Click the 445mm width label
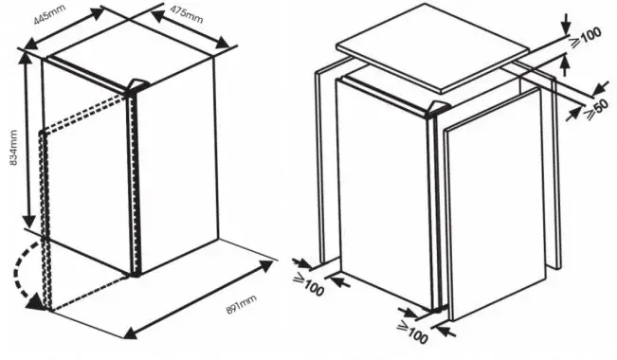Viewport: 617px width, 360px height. (x=49, y=14)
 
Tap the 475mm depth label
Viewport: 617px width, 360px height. (x=187, y=14)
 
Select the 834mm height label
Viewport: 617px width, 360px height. (x=13, y=148)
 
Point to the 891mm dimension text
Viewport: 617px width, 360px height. (x=242, y=304)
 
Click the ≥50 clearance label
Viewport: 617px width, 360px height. (x=597, y=109)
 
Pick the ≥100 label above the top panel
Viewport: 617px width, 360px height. (x=586, y=38)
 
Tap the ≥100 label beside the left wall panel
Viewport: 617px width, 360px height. (x=309, y=285)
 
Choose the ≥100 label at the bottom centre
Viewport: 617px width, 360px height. (x=412, y=333)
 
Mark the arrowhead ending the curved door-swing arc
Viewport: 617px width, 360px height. (x=35, y=302)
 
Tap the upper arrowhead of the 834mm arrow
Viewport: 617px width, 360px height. (x=27, y=59)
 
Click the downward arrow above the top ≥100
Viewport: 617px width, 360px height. (x=566, y=24)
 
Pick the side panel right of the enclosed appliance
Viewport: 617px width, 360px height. (x=495, y=204)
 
